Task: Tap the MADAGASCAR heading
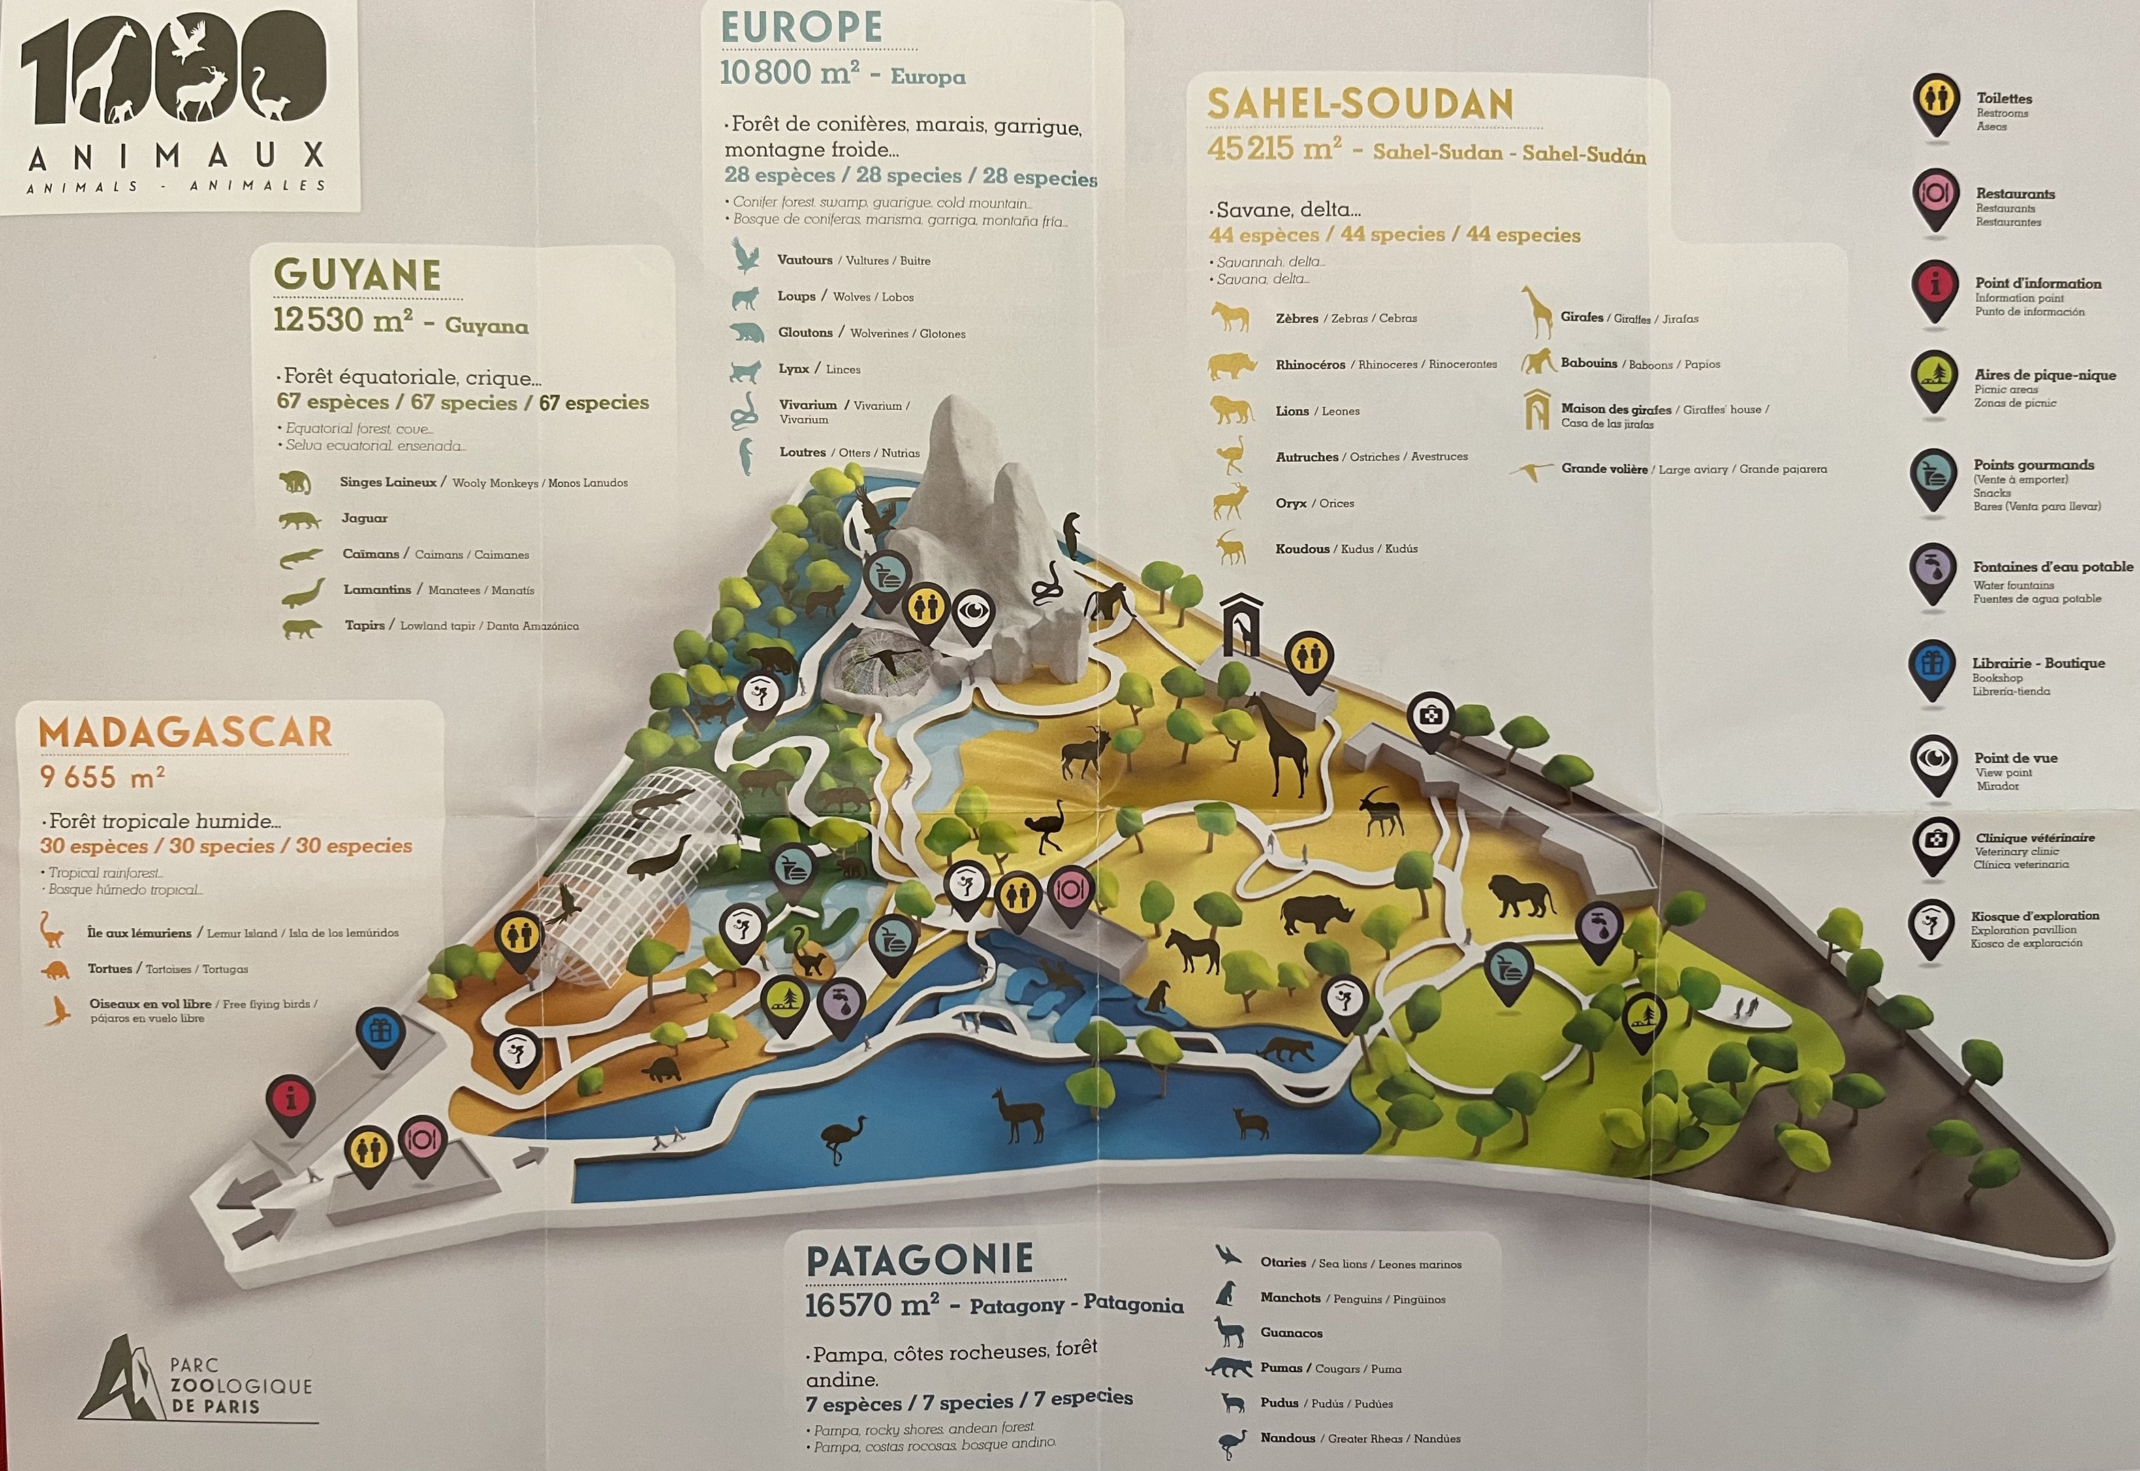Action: point(185,733)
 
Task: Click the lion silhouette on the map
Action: point(1521,895)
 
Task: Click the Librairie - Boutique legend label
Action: point(2038,663)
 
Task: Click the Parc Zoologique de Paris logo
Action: point(198,1382)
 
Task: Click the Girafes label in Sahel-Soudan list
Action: point(1582,318)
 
